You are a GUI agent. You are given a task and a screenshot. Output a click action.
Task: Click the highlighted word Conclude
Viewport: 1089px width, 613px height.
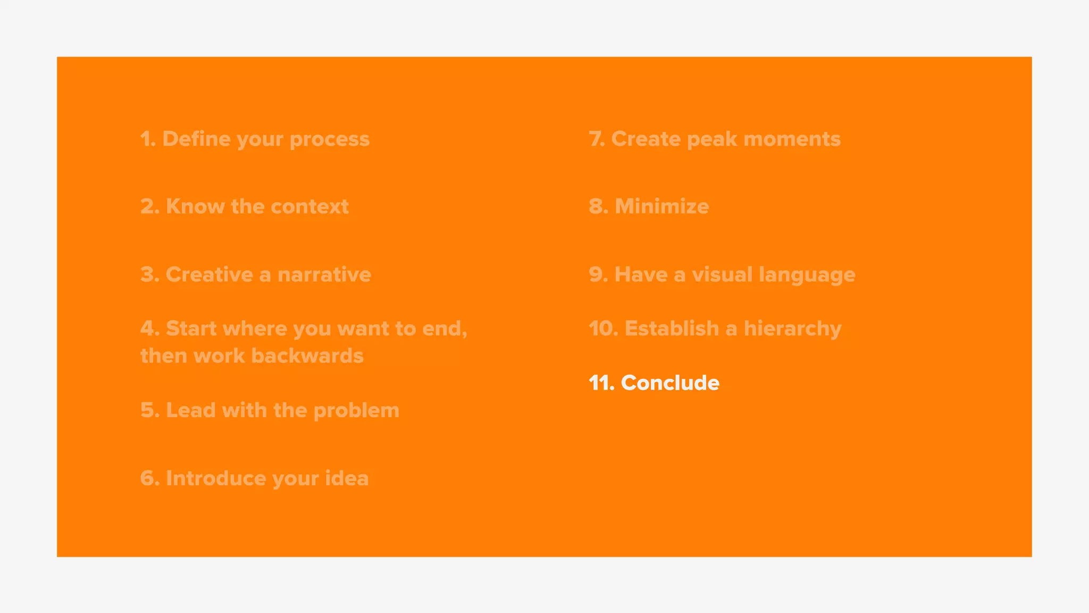(670, 383)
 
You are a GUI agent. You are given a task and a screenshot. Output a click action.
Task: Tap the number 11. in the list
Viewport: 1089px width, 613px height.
(601, 383)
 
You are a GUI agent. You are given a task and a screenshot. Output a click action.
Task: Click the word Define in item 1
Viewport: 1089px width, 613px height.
(196, 139)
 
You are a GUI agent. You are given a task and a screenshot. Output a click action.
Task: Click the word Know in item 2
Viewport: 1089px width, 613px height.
(195, 206)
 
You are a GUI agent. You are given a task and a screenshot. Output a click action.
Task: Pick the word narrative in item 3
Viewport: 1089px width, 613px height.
(324, 275)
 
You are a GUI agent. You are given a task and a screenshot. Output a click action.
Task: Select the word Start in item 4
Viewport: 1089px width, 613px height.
(191, 328)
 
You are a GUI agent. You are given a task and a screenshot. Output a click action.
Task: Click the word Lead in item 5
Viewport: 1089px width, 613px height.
(190, 410)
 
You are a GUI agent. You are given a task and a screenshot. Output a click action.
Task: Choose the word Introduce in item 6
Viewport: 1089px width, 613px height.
(216, 478)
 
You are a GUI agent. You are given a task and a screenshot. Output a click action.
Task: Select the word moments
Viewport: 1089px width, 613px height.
(792, 139)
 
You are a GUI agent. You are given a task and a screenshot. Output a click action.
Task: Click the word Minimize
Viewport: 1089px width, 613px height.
(661, 206)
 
